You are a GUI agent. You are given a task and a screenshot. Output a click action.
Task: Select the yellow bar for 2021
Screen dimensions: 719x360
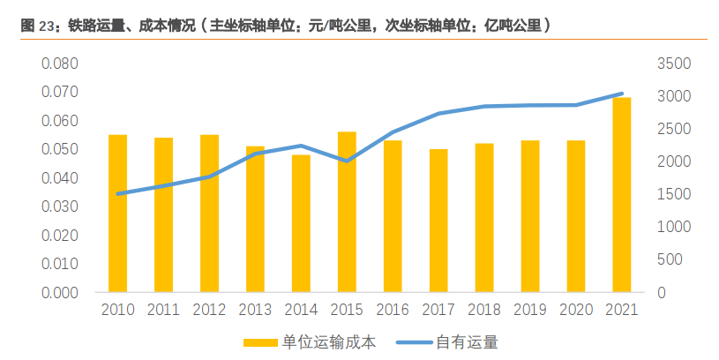[622, 195]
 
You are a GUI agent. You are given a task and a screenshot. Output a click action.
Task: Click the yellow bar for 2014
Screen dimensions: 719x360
[301, 223]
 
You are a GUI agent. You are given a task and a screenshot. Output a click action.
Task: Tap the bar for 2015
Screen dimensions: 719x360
[347, 212]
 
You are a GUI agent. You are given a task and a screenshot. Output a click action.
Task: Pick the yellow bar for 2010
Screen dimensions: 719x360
[118, 214]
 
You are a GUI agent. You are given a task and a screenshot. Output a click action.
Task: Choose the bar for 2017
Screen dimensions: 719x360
[438, 221]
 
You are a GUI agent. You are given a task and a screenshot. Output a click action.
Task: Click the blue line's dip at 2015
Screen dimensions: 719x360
[347, 161]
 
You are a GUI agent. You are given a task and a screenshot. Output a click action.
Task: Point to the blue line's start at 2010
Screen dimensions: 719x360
[118, 194]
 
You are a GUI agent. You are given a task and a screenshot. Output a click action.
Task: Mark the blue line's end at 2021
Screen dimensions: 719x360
[622, 94]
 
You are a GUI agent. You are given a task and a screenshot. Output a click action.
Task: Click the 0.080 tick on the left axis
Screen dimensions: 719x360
[60, 64]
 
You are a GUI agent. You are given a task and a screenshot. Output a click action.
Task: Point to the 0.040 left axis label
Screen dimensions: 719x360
[60, 178]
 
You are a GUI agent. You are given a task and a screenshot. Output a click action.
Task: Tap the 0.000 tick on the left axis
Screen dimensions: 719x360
[60, 293]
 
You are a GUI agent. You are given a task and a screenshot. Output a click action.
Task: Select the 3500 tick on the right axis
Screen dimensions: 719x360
[674, 64]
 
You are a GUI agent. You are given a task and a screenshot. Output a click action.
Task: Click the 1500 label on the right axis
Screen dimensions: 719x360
[674, 194]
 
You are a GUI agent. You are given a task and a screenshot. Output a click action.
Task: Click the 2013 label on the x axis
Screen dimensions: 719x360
[255, 310]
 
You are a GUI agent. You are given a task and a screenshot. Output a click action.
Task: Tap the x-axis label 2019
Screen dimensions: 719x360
[530, 310]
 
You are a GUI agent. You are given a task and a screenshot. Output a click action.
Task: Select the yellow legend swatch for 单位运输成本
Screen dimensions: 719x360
[260, 342]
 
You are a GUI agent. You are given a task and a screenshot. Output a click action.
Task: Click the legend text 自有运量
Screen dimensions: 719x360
[468, 342]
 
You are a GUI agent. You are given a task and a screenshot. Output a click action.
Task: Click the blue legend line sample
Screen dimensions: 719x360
[415, 342]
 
